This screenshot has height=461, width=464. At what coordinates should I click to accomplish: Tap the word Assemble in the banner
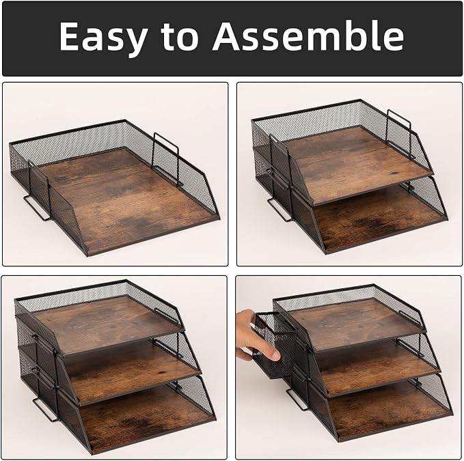pyautogui.click(x=308, y=36)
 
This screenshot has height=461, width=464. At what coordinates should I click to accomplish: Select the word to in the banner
pyautogui.click(x=180, y=38)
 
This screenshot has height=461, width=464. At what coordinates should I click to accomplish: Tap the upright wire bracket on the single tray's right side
pyautogui.click(x=165, y=160)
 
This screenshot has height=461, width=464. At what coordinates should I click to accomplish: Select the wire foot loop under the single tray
pyautogui.click(x=37, y=208)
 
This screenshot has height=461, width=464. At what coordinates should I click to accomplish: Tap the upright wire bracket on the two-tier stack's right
pyautogui.click(x=400, y=133)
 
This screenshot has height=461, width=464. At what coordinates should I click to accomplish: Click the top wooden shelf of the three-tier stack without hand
pyautogui.click(x=107, y=322)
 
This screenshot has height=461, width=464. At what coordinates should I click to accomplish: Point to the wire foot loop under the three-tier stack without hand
pyautogui.click(x=45, y=410)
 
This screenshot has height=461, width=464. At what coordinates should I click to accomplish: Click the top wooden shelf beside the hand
pyautogui.click(x=355, y=325)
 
